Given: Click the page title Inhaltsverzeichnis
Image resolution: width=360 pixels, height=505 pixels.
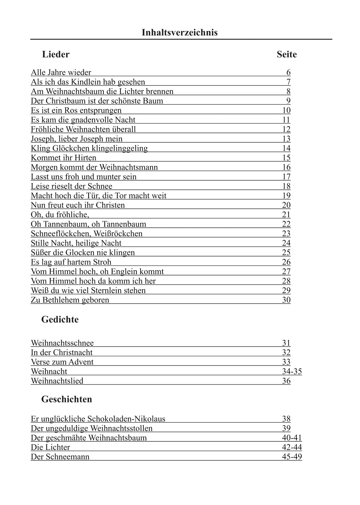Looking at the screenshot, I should click(180, 33).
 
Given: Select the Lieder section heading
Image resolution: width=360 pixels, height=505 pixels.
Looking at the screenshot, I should click(56, 54).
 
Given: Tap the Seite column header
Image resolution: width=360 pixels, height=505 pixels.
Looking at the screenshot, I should click(287, 54).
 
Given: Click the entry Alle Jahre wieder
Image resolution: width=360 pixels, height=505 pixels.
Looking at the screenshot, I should click(61, 73).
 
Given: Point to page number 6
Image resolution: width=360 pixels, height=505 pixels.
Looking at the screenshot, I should click(288, 73).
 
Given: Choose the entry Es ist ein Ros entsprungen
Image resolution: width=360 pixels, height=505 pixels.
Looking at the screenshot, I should click(76, 111).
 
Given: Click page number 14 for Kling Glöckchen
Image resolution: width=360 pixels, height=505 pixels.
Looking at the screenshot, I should click(286, 148).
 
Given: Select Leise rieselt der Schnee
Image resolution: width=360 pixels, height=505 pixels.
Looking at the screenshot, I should click(71, 186).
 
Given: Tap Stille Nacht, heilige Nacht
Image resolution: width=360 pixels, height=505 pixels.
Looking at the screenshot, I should click(76, 243).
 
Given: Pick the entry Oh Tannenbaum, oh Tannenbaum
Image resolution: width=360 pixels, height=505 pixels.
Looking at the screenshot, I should click(88, 224).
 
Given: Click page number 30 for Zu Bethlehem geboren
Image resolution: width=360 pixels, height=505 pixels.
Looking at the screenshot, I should click(286, 300).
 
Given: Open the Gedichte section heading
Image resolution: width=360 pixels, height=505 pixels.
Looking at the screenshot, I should click(60, 319).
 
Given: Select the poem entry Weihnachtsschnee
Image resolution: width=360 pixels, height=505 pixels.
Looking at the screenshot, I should click(62, 343).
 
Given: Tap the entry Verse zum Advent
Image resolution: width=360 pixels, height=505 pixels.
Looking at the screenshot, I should click(62, 362).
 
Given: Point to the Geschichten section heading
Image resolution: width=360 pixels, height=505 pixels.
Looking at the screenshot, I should click(66, 399).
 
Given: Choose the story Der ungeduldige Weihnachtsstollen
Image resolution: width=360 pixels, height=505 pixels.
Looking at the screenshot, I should click(91, 428).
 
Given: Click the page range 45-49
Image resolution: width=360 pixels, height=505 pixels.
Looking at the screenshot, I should click(291, 457).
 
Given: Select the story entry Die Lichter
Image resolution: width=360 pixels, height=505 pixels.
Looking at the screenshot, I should click(50, 447).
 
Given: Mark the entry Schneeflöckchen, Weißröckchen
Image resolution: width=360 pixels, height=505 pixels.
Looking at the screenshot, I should click(86, 234).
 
